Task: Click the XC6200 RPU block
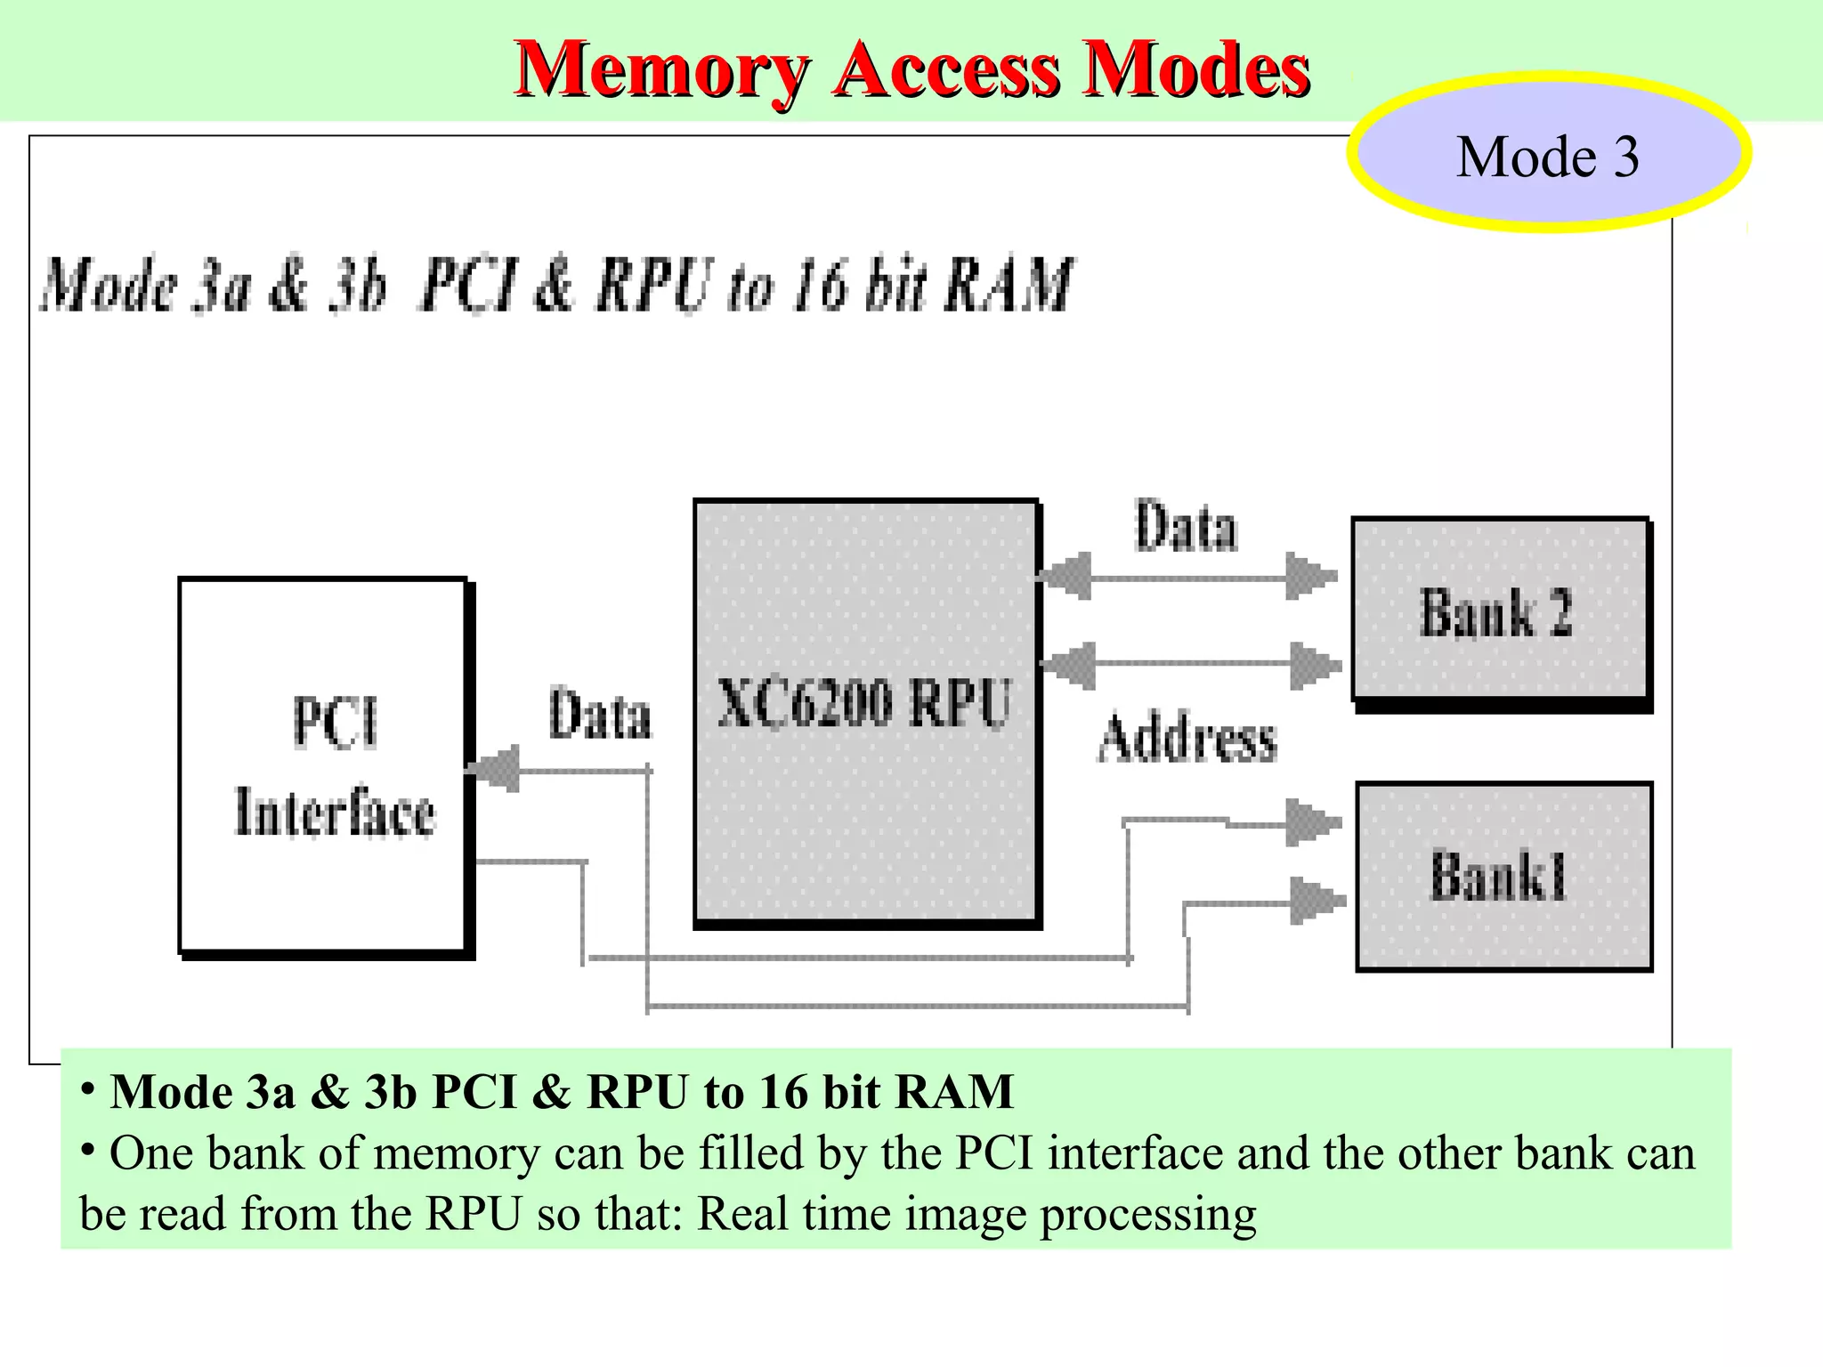(865, 712)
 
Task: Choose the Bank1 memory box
(1503, 877)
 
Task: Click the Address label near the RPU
(1187, 739)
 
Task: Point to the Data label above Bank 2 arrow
(1185, 527)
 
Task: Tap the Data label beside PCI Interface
(599, 716)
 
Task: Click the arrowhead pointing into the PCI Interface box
(495, 769)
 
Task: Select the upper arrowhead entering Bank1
(1312, 822)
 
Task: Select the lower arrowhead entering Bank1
(1316, 901)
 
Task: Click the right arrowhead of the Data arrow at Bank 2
(1309, 577)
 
